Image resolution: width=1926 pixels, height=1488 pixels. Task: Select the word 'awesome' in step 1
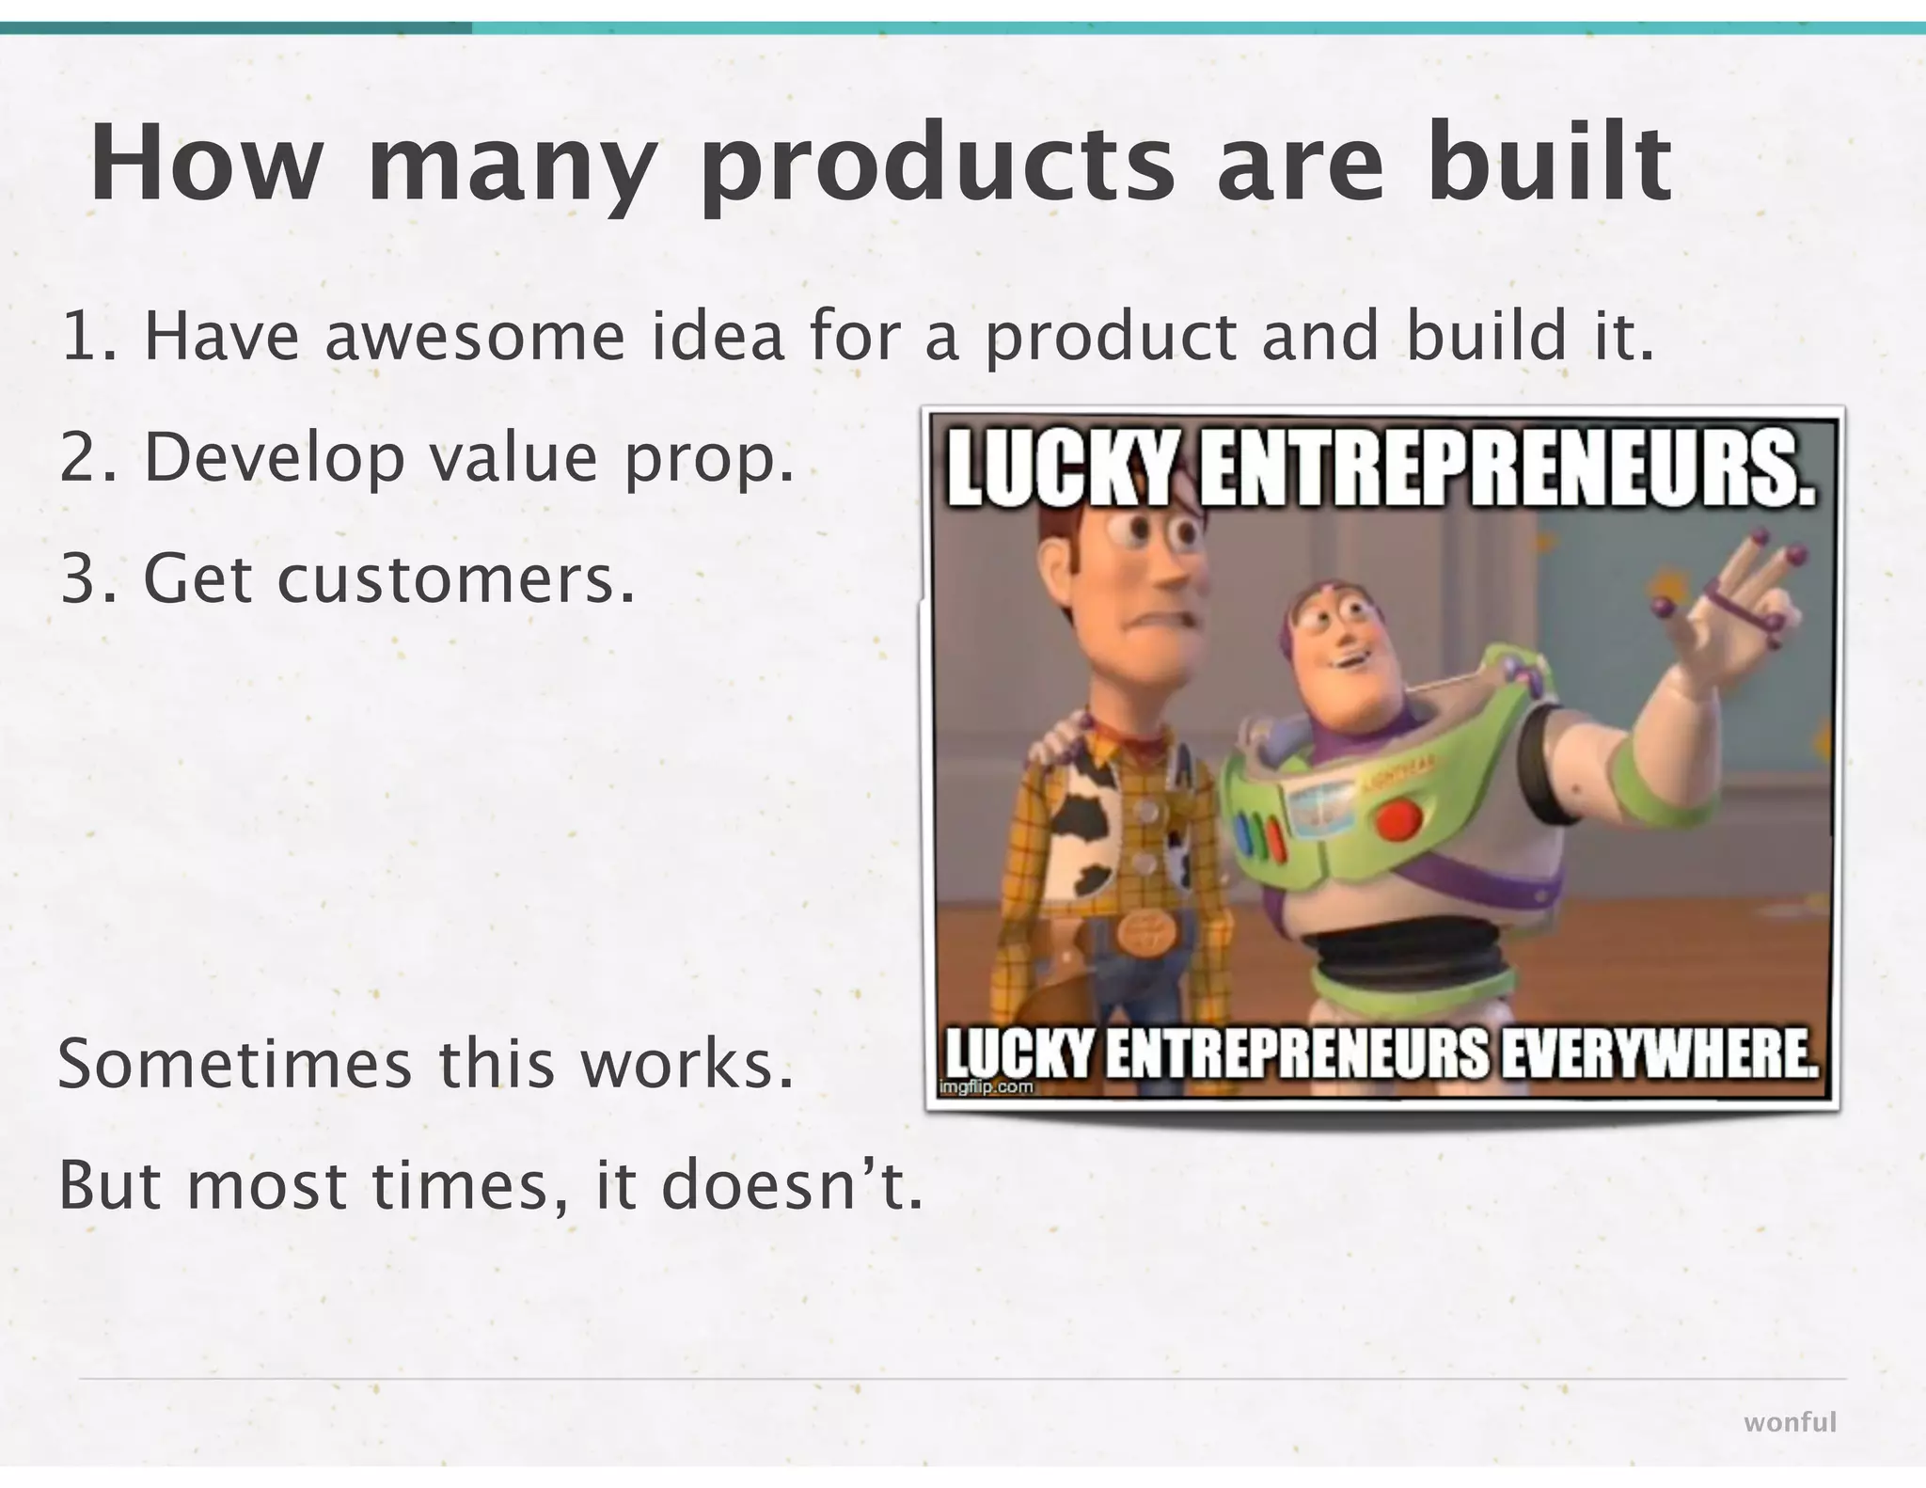point(475,337)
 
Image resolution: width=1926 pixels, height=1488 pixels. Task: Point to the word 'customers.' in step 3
point(455,579)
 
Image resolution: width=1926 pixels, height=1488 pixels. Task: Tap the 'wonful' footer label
point(1790,1422)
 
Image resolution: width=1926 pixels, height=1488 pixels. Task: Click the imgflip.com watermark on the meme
point(987,1087)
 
